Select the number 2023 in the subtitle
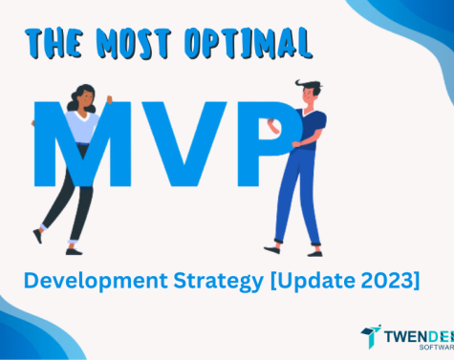click(387, 281)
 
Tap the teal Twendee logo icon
click(370, 335)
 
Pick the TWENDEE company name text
click(421, 333)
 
